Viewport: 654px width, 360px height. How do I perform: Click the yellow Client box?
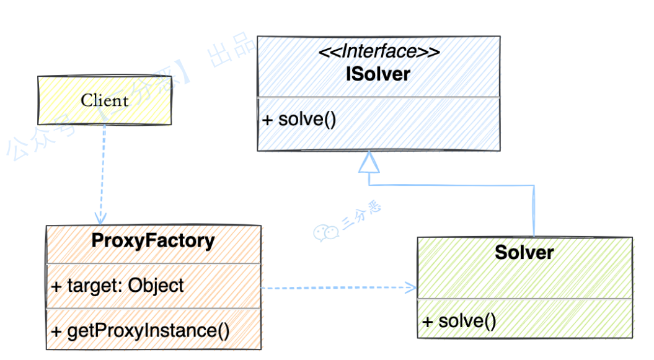(x=104, y=100)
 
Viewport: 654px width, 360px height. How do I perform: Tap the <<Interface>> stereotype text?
(x=379, y=52)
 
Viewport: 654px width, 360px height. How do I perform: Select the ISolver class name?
(x=378, y=74)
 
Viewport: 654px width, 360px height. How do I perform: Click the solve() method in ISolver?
(x=299, y=119)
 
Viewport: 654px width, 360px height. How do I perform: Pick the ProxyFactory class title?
(x=153, y=240)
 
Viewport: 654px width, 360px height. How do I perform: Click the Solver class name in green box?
(x=524, y=252)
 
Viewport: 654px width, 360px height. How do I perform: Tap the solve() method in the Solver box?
(x=459, y=321)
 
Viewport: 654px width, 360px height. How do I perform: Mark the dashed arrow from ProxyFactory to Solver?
(x=335, y=288)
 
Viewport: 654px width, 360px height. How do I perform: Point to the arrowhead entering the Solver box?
(x=410, y=287)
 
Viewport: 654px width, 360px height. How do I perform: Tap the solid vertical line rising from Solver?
(x=533, y=211)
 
